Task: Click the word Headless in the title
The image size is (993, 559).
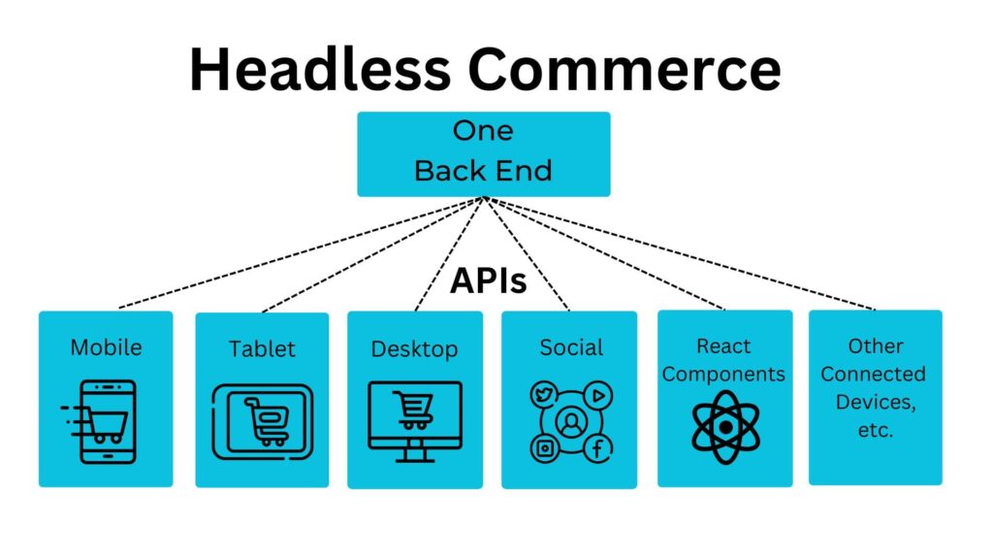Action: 320,69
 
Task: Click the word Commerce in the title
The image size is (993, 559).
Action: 625,69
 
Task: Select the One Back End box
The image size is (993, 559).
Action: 484,154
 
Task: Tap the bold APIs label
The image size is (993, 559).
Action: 489,280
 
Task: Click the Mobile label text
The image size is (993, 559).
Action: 107,347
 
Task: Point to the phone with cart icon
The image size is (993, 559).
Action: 100,421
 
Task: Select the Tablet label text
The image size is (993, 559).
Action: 262,348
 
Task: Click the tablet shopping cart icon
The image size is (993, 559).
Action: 262,421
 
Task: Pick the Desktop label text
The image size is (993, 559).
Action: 414,349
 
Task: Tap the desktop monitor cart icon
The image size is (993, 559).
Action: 415,421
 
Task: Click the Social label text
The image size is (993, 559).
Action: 571,347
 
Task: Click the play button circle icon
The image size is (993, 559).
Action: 597,396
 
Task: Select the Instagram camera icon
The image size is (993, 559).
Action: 545,448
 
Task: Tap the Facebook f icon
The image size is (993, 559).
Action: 597,448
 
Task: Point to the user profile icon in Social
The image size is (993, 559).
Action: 571,422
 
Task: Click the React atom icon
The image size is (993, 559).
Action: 725,427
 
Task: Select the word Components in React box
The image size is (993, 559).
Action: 723,375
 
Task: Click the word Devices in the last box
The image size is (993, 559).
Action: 876,402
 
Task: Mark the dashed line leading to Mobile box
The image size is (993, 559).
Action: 302,253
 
